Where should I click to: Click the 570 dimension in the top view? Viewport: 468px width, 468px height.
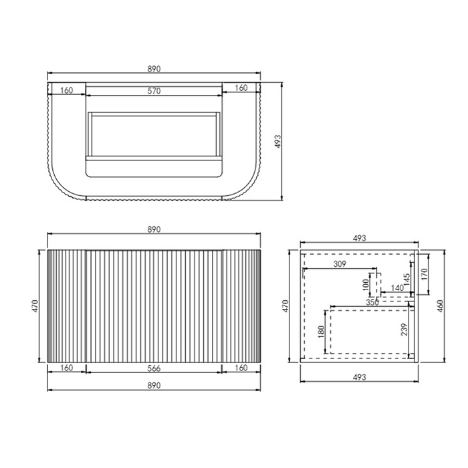(x=154, y=92)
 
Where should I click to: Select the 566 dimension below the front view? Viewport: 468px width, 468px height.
(x=154, y=368)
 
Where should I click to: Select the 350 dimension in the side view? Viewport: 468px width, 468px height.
(x=372, y=302)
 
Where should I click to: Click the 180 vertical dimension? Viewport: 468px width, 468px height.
(x=321, y=332)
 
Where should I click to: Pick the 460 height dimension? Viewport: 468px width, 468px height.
(x=439, y=306)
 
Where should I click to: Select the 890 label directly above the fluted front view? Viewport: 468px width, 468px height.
(x=154, y=229)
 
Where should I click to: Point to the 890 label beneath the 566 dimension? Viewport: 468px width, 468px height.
(x=154, y=386)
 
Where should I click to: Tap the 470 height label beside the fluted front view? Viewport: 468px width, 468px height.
(x=35, y=306)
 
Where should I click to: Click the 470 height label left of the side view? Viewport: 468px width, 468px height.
(x=285, y=306)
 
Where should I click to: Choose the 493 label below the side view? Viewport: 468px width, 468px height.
(x=360, y=378)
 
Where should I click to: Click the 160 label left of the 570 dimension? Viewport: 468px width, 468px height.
(x=67, y=88)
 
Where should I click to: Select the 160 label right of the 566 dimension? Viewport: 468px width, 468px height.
(x=242, y=368)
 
